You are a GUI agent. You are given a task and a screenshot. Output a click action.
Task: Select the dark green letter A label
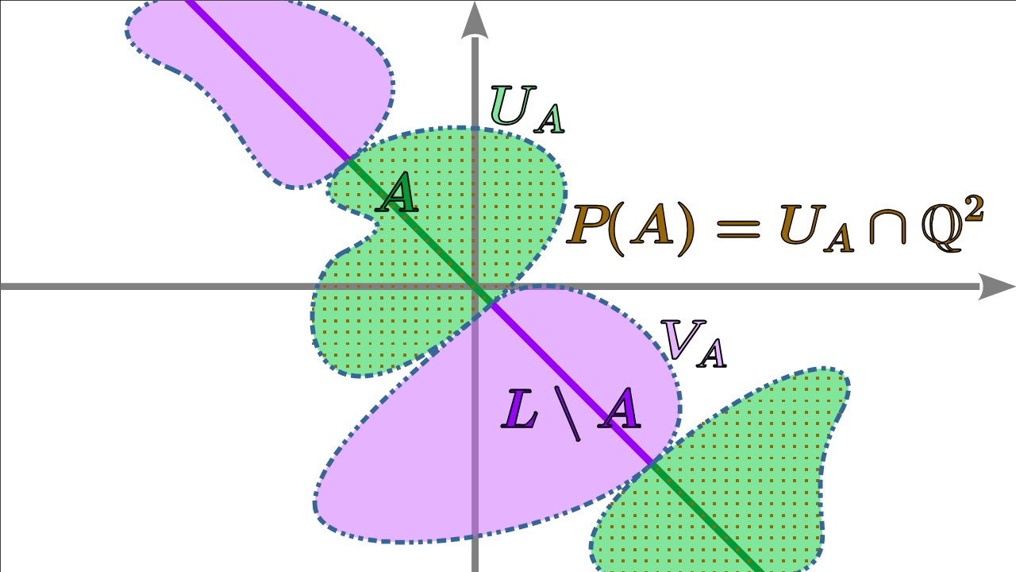[x=397, y=195]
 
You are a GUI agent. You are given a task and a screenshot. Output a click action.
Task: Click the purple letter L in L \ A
[x=521, y=411]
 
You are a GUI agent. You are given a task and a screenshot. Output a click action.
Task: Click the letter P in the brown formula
[x=588, y=227]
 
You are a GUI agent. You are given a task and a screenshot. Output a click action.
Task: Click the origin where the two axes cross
[x=475, y=287]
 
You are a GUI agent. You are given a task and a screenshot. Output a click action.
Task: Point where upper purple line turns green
[x=348, y=160]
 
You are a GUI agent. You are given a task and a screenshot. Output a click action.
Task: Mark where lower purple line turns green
[x=652, y=463]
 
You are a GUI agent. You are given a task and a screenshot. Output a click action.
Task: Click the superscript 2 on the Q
[x=975, y=209]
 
